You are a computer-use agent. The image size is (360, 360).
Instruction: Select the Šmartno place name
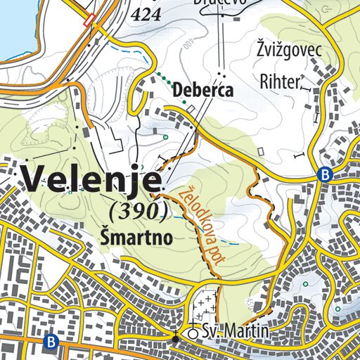click(x=136, y=238)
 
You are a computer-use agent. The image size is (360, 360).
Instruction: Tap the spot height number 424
click(x=146, y=14)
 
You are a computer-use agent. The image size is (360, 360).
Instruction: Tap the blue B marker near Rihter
click(x=324, y=175)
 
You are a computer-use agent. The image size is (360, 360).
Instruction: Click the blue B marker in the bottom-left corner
click(x=50, y=342)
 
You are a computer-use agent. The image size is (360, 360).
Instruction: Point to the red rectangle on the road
click(x=89, y=20)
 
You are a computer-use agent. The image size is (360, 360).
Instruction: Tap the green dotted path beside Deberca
click(x=172, y=91)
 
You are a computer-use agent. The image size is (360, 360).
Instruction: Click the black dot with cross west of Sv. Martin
click(x=174, y=338)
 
